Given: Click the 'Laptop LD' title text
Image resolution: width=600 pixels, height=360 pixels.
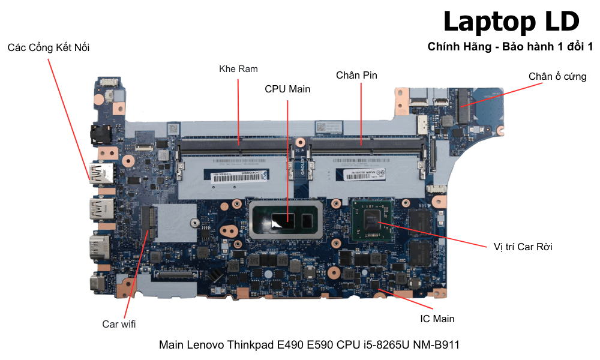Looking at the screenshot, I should click(511, 22).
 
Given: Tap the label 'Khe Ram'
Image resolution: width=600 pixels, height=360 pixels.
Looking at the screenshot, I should click(238, 69).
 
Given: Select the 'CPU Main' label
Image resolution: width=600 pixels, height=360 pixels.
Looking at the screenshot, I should click(287, 89).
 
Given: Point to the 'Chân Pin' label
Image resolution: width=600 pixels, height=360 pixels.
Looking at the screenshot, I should click(356, 75).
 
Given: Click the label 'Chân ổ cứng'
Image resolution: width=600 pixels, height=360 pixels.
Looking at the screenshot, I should click(557, 77).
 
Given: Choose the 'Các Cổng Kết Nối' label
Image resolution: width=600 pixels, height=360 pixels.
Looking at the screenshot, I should click(49, 47).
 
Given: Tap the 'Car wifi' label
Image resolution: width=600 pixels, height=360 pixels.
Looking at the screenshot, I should click(119, 324).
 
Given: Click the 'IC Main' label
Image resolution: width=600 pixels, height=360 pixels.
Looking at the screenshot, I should click(437, 319).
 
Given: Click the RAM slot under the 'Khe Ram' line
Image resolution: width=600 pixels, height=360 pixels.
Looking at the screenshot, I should click(237, 144).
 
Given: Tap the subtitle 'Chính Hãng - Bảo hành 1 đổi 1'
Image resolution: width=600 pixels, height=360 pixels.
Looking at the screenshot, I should click(510, 47).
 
